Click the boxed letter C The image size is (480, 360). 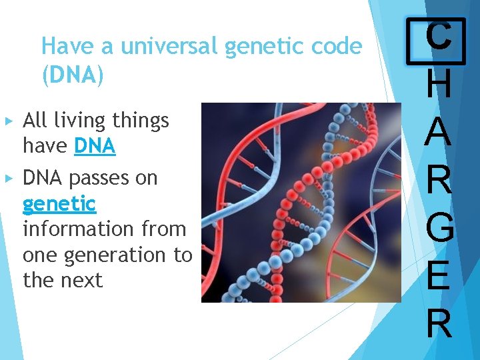tap(438, 35)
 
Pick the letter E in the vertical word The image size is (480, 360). tap(438, 275)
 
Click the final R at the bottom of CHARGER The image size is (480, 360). tap(438, 323)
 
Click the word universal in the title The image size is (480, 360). tap(169, 47)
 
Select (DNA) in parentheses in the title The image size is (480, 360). tap(73, 75)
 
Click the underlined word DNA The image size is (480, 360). tap(95, 146)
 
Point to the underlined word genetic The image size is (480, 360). tap(59, 203)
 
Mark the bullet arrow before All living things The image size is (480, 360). tap(9, 121)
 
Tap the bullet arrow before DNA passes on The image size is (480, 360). tap(9, 178)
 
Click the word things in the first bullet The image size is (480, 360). tap(141, 121)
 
